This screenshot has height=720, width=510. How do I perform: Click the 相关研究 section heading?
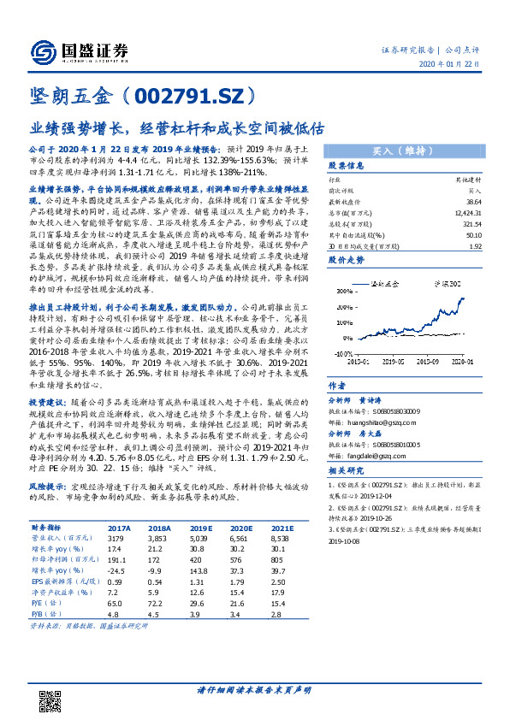[x=347, y=472]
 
